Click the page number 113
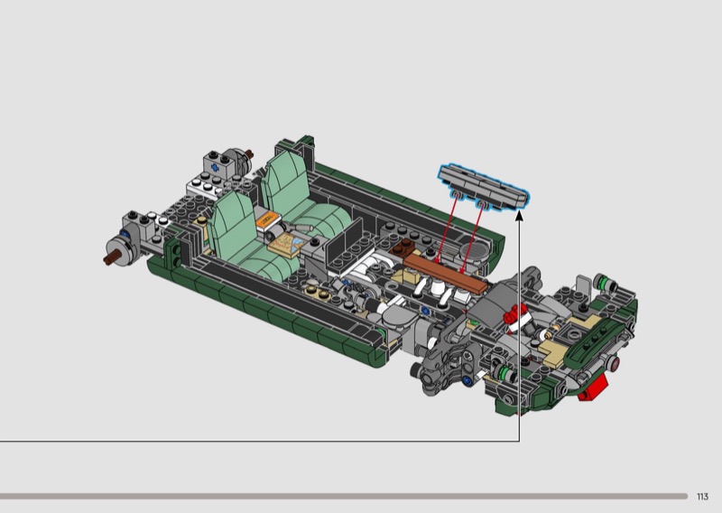point(702,497)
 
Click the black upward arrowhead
point(520,215)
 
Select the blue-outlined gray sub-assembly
point(484,185)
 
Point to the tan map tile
point(286,243)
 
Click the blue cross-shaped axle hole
point(214,167)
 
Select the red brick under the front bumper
point(593,387)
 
